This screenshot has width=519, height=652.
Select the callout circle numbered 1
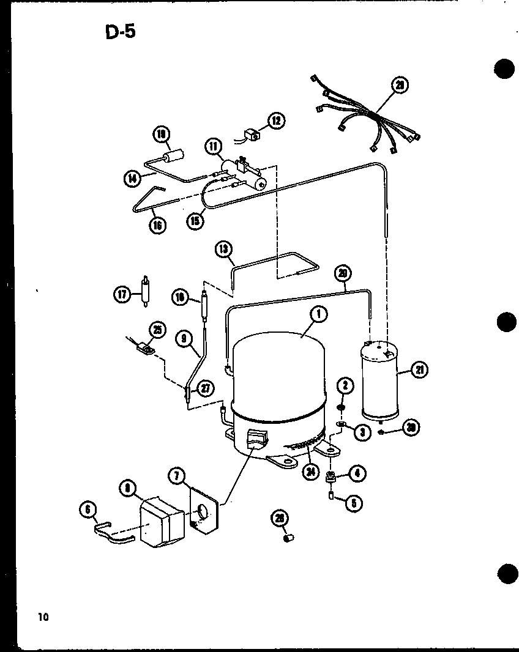pos(318,315)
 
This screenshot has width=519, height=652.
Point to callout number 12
pos(276,120)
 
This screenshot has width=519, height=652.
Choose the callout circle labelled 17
pos(122,294)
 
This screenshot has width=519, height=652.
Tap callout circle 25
pos(157,331)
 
